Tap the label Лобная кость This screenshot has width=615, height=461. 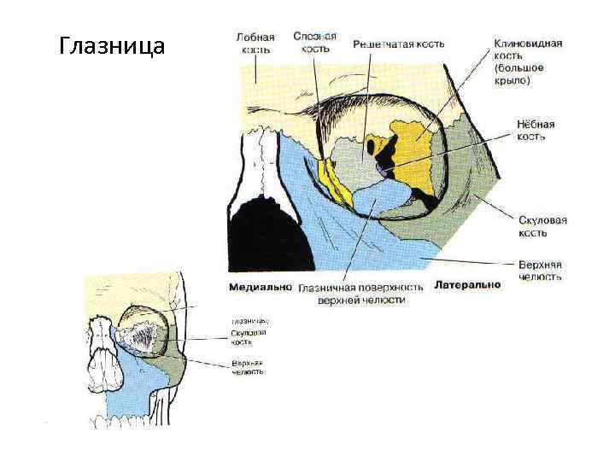coord(255,44)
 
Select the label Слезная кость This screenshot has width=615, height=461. coord(314,43)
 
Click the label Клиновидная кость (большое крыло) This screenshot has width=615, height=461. coord(527,61)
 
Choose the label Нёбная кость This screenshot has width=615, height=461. coord(536,130)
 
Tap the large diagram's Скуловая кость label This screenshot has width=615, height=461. coord(542,226)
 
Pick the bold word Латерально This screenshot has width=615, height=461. coord(467,284)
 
